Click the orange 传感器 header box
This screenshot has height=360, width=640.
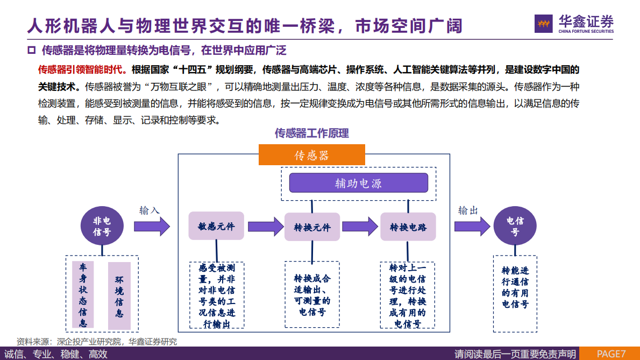pyautogui.click(x=311, y=155)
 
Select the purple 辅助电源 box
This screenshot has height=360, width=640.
pyautogui.click(x=358, y=183)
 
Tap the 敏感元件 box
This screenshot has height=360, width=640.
pyautogui.click(x=216, y=226)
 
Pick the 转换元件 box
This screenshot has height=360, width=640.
pyautogui.click(x=312, y=227)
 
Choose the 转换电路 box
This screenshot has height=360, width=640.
pyautogui.click(x=408, y=227)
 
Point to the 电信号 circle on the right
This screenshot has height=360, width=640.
pyautogui.click(x=515, y=226)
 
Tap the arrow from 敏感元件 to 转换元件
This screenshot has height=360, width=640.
pyautogui.click(x=265, y=227)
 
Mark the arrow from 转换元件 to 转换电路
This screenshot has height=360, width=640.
pyautogui.click(x=360, y=227)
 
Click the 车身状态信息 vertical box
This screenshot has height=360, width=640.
pyautogui.click(x=83, y=295)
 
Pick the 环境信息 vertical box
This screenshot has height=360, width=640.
pyautogui.click(x=119, y=296)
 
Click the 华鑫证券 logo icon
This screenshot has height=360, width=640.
pyautogui.click(x=544, y=23)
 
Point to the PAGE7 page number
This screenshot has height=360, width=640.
pyautogui.click(x=611, y=354)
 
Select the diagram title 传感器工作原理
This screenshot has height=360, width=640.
pyautogui.click(x=312, y=133)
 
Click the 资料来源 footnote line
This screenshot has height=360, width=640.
pyautogui.click(x=96, y=342)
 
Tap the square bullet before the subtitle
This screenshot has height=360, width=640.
pyautogui.click(x=31, y=51)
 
